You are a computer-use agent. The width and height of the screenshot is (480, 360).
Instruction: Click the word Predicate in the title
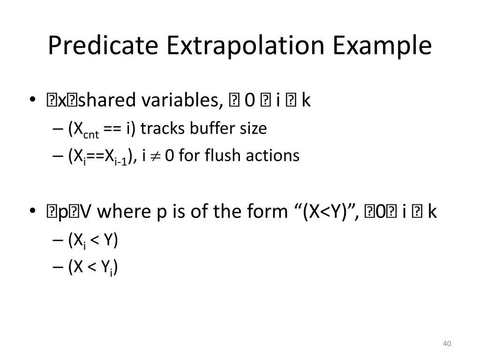[103, 46]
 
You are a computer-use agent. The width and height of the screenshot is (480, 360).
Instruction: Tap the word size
[253, 128]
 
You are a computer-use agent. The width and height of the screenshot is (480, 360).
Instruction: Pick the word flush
[222, 155]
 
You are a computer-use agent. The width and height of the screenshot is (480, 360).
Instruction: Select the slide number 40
[447, 344]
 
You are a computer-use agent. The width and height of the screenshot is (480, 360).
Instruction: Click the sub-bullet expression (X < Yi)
[93, 268]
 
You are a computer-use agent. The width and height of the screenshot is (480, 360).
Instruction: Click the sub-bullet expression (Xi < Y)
[93, 240]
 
